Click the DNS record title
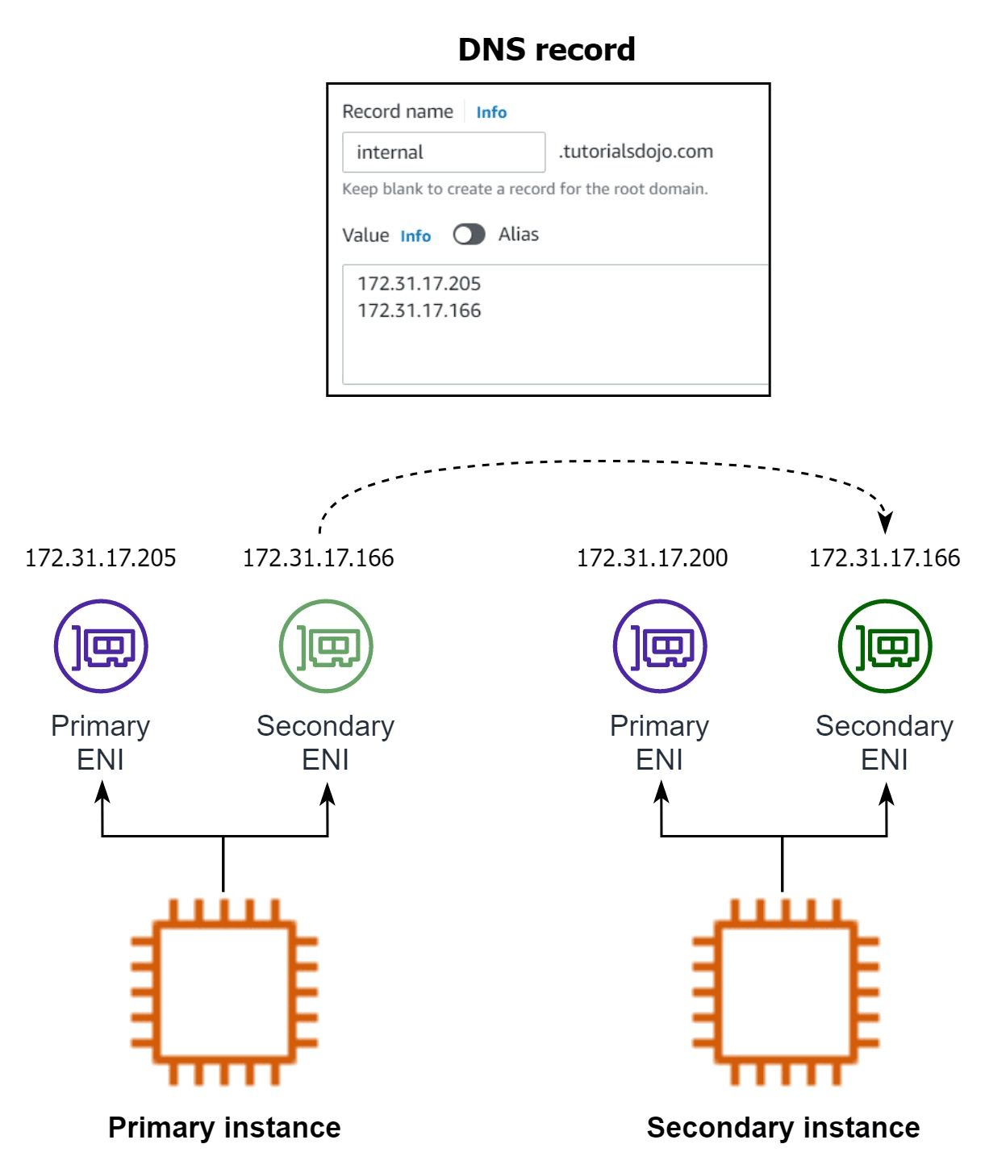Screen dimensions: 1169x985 tap(546, 50)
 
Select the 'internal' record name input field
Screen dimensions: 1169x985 tap(443, 152)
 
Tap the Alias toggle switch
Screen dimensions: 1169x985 tap(469, 235)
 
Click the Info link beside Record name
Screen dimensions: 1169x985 tap(491, 112)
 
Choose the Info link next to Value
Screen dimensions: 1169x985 tap(415, 236)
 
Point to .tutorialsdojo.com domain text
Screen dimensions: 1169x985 tap(636, 152)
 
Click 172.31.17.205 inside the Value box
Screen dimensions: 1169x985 tap(419, 284)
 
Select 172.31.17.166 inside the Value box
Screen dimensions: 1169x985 tap(419, 311)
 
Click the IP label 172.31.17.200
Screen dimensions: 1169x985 tap(652, 558)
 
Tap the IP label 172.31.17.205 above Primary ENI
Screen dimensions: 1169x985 tap(100, 558)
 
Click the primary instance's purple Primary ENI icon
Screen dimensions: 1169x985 tap(101, 646)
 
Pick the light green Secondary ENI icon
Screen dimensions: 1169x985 tap(326, 646)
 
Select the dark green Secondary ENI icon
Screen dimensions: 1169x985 tap(885, 646)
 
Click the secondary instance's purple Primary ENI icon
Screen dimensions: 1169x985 tap(660, 646)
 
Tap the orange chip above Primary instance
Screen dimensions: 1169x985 tap(223, 992)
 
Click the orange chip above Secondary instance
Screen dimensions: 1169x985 tap(784, 992)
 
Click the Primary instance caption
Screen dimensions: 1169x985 tap(224, 1128)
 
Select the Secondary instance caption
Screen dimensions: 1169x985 tap(783, 1128)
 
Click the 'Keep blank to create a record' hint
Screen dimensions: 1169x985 tap(524, 190)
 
